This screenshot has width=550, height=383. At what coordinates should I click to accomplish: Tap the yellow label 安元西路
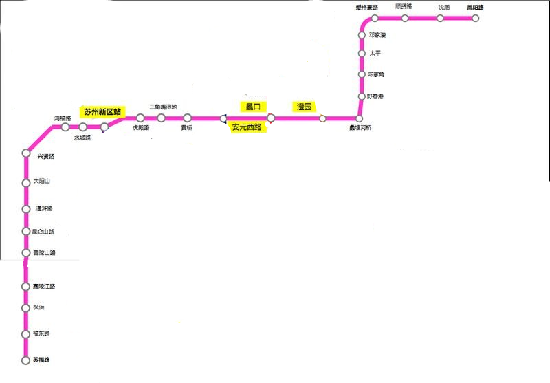tap(246, 127)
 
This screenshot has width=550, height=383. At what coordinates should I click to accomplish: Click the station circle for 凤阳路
tap(474, 19)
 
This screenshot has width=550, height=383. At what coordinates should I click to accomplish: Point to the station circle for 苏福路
tap(26, 360)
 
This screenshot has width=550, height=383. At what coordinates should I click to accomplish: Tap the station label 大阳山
tap(42, 182)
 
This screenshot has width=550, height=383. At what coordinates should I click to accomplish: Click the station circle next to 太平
tap(362, 53)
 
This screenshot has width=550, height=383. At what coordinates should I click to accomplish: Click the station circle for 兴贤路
tap(26, 153)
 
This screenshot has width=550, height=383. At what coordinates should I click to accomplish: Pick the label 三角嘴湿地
tap(163, 107)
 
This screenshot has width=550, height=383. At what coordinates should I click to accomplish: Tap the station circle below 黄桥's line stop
tap(187, 118)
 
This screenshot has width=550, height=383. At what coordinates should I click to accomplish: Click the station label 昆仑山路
tap(43, 232)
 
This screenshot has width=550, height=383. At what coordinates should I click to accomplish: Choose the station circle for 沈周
tap(440, 19)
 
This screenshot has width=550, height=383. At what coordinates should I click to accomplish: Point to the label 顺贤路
tap(404, 7)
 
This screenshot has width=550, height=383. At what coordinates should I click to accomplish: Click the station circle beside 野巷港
tap(362, 96)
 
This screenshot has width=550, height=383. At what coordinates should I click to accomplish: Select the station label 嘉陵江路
tap(43, 286)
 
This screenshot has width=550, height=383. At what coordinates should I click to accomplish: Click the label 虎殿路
tap(141, 128)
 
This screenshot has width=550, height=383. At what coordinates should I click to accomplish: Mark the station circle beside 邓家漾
tap(362, 35)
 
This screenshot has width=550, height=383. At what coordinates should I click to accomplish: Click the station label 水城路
tap(82, 138)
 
